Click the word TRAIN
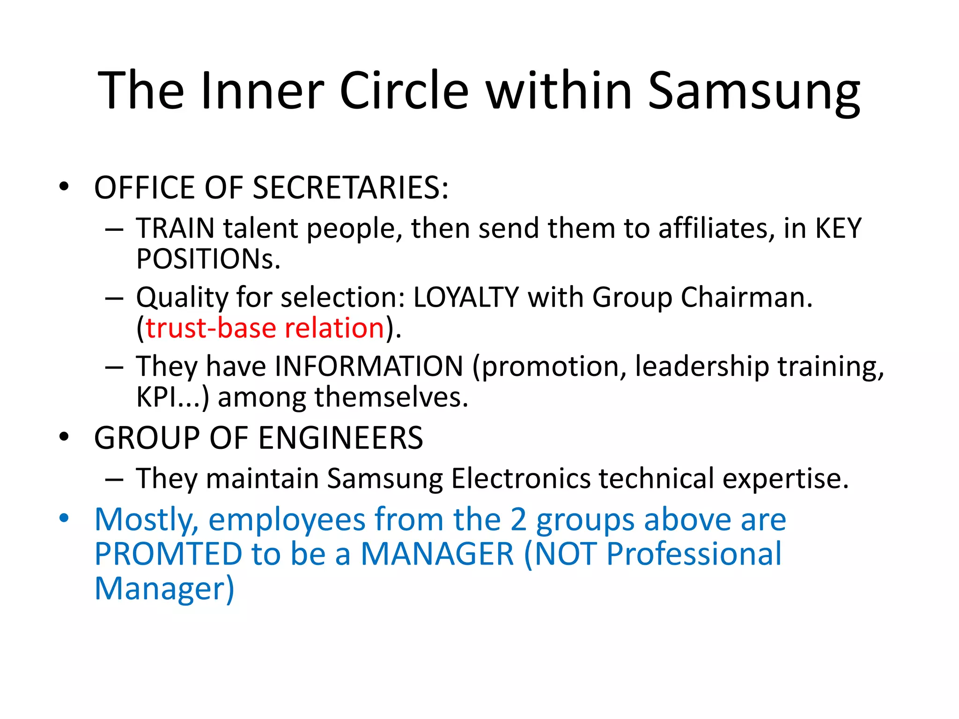tap(175, 228)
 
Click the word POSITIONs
tap(208, 259)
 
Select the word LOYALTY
tap(466, 297)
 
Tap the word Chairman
tap(746, 297)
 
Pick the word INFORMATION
tap(369, 366)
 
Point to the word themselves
tap(391, 397)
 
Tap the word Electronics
tap(521, 478)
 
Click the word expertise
tap(785, 478)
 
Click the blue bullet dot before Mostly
tap(64, 519)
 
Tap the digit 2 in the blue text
tap(518, 520)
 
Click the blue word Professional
tap(693, 554)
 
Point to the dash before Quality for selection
tap(114, 298)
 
